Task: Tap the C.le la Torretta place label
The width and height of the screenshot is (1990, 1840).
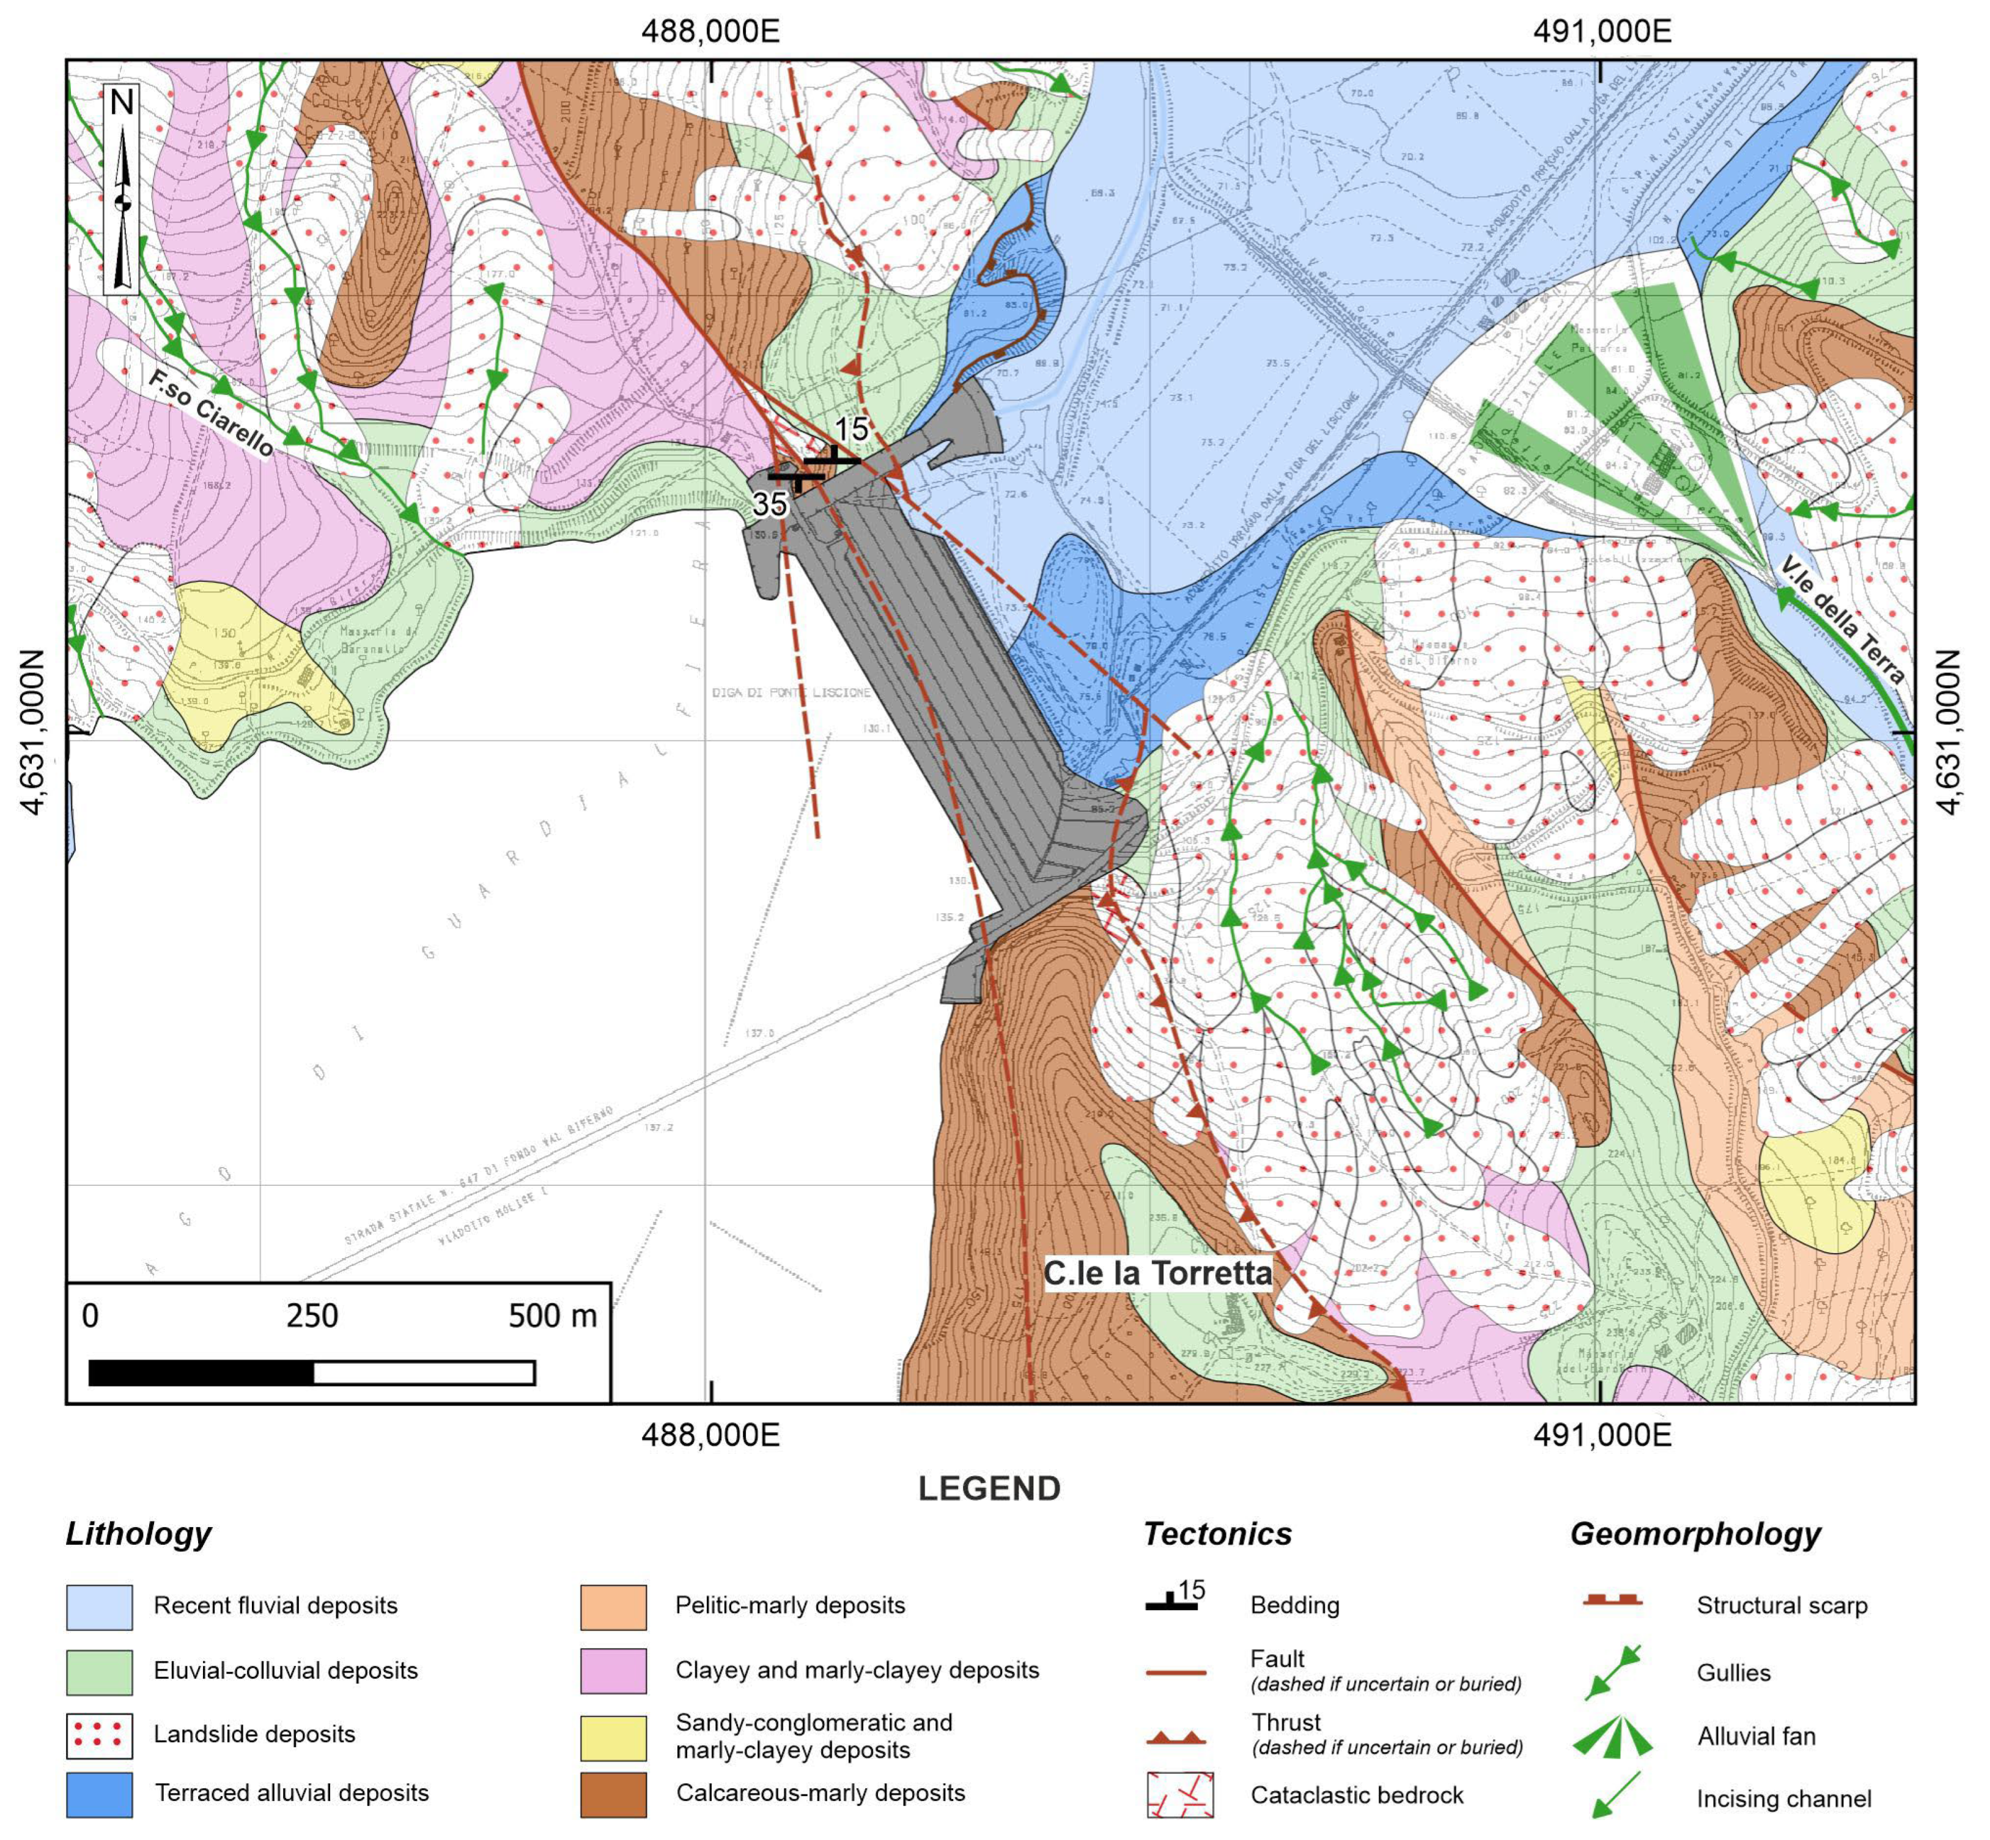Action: tap(1157, 1273)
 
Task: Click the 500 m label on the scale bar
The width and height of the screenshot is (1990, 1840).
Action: tap(552, 1316)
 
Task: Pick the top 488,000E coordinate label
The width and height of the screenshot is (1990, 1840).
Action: tap(710, 31)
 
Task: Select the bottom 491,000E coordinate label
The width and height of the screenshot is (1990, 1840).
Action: tap(1602, 1435)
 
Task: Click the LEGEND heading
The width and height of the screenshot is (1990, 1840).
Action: tap(989, 1489)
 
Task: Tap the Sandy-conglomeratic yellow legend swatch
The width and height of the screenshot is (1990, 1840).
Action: tap(614, 1737)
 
